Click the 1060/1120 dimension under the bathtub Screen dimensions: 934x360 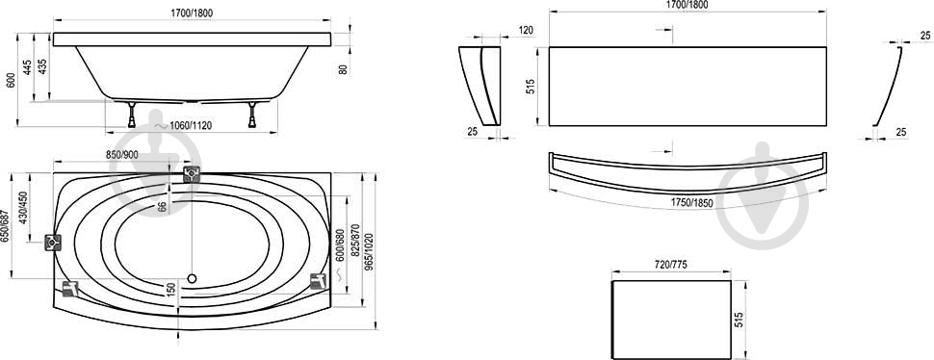click(x=191, y=125)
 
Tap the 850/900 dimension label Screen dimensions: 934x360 click(x=122, y=155)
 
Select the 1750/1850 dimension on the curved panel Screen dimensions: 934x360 click(x=691, y=202)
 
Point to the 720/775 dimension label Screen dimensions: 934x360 click(x=671, y=265)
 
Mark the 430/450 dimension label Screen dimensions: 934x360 click(x=23, y=207)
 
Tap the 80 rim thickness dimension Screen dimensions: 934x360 click(x=343, y=69)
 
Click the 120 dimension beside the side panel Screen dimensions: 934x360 click(x=526, y=31)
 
